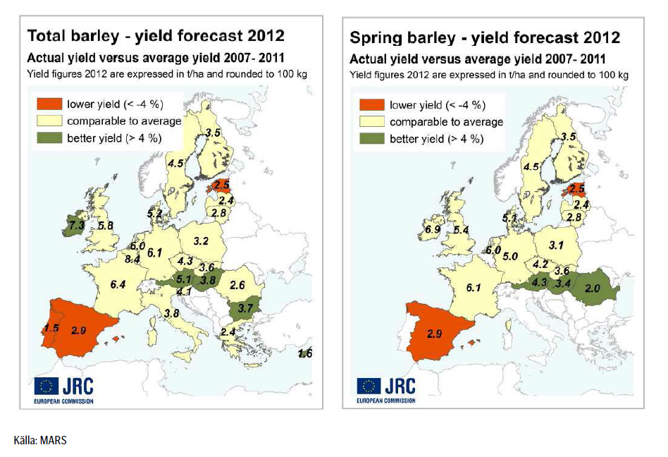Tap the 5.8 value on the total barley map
[106, 226]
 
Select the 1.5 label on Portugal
[51, 328]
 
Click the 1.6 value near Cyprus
[305, 353]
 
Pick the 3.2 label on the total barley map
[201, 241]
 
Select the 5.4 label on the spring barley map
[461, 230]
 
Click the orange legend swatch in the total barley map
[47, 104]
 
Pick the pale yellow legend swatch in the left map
[47, 121]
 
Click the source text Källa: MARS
[39, 441]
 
